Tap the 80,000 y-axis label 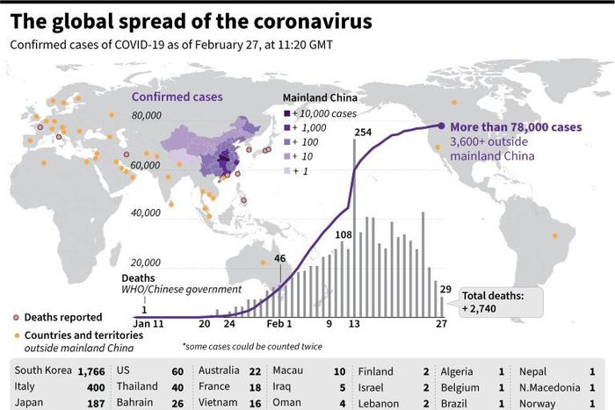[x=146, y=116]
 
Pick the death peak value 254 [x=364, y=132]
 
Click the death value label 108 [x=344, y=235]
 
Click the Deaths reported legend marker [x=17, y=317]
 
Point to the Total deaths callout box [x=495, y=303]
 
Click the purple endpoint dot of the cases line [x=441, y=126]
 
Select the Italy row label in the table [x=25, y=387]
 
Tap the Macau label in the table [x=289, y=371]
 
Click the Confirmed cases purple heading [x=177, y=97]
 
